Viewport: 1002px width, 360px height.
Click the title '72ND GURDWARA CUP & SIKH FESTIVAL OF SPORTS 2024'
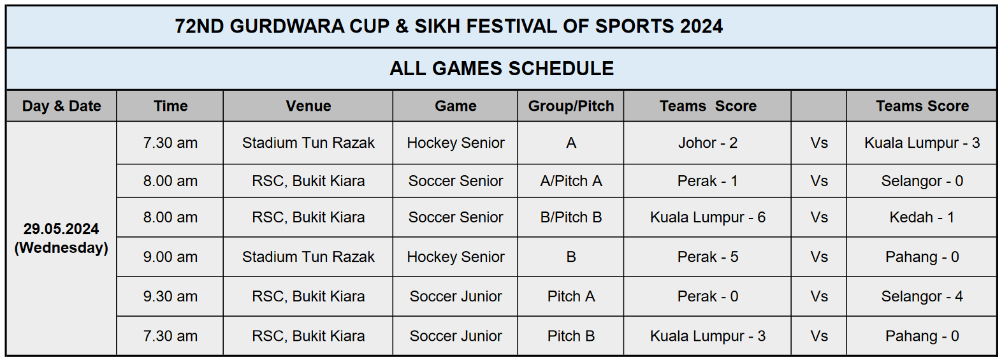click(449, 26)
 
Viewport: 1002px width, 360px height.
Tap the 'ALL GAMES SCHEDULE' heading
click(502, 68)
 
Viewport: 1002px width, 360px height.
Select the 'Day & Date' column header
click(62, 106)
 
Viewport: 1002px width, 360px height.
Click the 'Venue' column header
click(309, 106)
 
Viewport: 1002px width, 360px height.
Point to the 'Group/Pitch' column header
click(570, 106)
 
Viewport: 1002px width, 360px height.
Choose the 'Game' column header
click(455, 106)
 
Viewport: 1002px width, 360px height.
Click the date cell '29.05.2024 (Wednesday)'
click(61, 238)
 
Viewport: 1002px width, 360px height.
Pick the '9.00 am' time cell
click(170, 257)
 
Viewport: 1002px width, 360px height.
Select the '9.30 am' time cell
click(170, 296)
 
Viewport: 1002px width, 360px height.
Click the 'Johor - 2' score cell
click(708, 143)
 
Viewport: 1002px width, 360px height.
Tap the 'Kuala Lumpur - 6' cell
click(708, 217)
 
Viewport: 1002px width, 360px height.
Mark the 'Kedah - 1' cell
click(922, 217)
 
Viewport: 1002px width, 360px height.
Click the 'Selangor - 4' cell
click(922, 296)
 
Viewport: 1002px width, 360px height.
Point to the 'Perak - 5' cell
click(708, 257)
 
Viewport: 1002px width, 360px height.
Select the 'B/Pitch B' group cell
click(570, 217)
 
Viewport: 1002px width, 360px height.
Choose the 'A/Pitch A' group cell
click(570, 181)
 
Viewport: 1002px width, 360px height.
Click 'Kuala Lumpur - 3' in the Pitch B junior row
click(708, 336)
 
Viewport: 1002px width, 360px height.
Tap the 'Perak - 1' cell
click(708, 181)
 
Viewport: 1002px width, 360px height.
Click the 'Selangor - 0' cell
click(922, 181)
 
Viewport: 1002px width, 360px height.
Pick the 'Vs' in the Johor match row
click(818, 143)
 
